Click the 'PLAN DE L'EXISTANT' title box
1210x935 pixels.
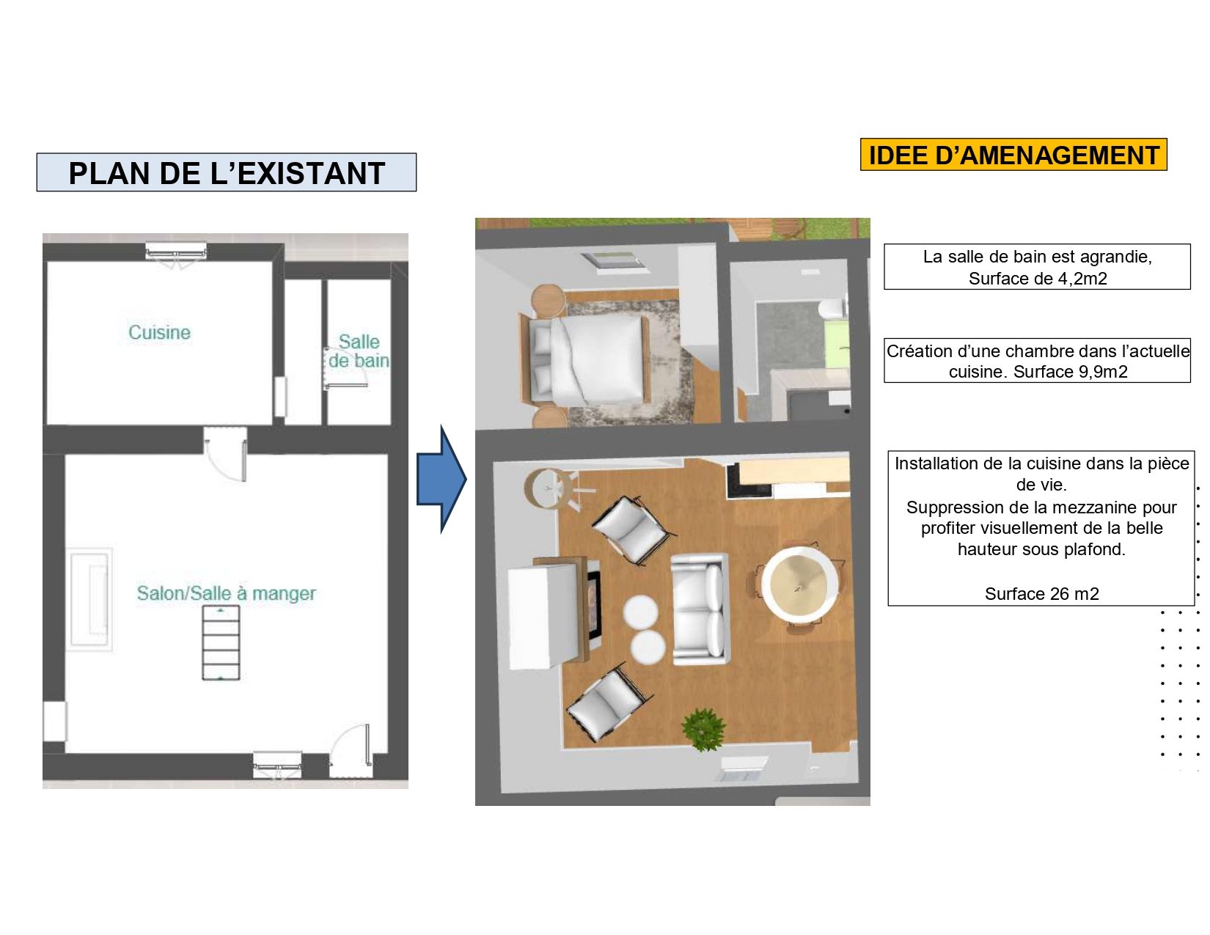point(226,172)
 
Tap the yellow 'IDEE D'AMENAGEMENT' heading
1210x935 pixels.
point(1013,154)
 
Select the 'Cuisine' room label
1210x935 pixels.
point(159,332)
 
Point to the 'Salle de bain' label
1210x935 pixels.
point(359,351)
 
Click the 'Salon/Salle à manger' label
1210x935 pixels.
point(226,593)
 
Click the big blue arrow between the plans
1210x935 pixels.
point(441,479)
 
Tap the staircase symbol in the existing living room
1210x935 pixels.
point(221,642)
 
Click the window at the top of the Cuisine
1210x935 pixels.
point(176,252)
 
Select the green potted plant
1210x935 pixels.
point(704,729)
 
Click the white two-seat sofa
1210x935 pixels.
point(700,609)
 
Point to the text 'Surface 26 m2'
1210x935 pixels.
point(1042,593)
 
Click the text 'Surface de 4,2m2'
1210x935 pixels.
point(1038,279)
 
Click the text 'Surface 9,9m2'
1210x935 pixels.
point(1070,372)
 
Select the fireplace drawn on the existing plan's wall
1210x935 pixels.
point(89,599)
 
